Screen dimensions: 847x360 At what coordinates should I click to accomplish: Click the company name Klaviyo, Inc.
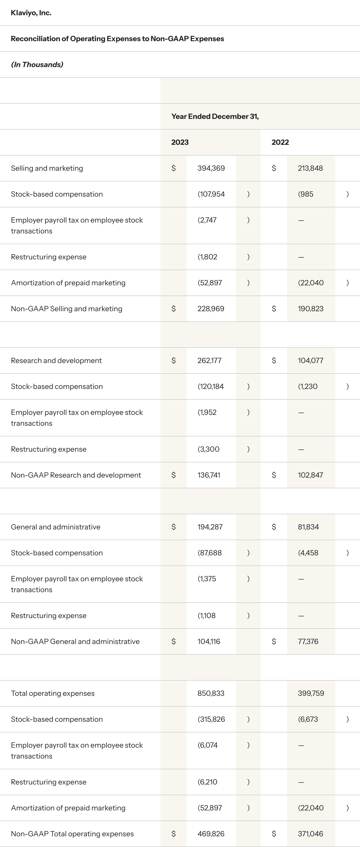pos(31,13)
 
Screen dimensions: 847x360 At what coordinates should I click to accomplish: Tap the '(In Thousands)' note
pos(37,65)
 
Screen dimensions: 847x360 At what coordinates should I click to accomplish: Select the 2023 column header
pos(180,142)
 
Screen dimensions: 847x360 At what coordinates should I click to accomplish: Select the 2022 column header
pos(280,142)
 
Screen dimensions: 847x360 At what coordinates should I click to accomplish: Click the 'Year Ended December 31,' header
pos(215,116)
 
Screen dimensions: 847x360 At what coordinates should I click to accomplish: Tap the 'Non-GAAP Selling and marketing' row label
pos(66,309)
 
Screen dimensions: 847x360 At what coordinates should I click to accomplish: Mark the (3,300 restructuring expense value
pos(208,449)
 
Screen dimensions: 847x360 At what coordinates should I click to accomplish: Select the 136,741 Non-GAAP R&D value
pos(209,475)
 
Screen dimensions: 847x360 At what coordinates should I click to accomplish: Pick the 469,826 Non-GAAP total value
pos(211,834)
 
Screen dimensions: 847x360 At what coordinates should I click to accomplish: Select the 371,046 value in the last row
pos(310,834)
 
